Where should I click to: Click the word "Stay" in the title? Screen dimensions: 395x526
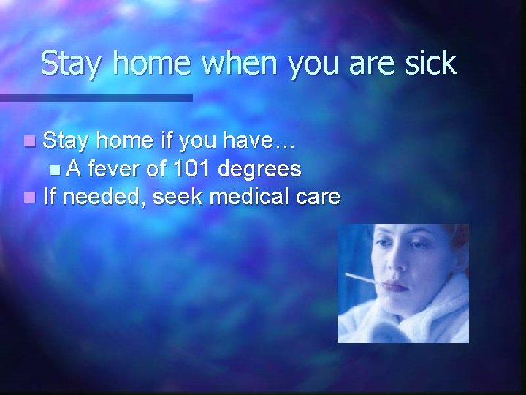(x=71, y=64)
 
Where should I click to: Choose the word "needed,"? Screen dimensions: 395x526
(x=104, y=196)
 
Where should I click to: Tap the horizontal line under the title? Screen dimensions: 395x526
(x=96, y=97)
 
